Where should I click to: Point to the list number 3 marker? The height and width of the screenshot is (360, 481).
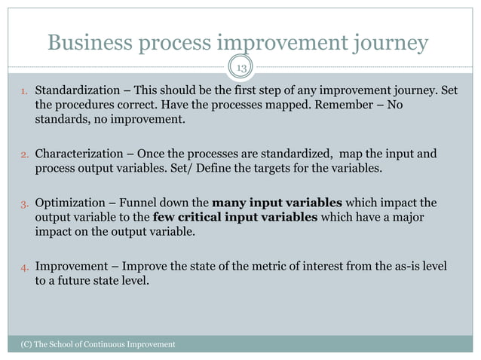[24, 204]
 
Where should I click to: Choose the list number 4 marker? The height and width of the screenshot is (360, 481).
[24, 267]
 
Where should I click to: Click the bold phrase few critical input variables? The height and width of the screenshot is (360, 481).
[236, 217]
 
